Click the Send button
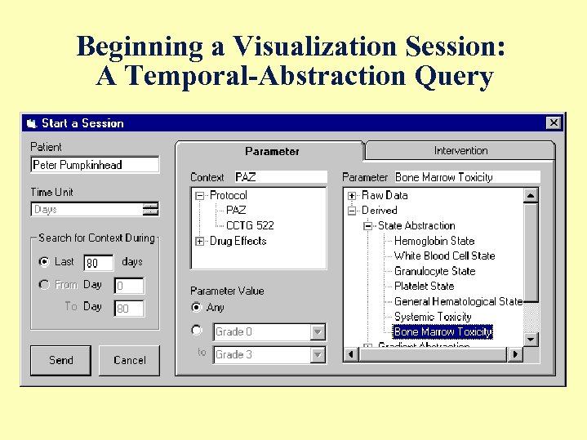click(x=60, y=360)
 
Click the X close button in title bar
click(x=554, y=122)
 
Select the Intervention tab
click(x=460, y=150)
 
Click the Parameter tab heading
click(x=272, y=151)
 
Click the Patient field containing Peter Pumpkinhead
click(x=95, y=165)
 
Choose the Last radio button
click(x=44, y=262)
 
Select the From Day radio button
click(x=44, y=285)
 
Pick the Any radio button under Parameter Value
click(x=196, y=308)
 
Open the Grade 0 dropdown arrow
click(x=318, y=332)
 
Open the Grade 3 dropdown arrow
click(x=318, y=355)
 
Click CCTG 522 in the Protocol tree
click(x=250, y=225)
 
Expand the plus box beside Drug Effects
click(x=200, y=241)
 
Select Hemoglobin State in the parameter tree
click(x=434, y=241)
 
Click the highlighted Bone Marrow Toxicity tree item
click(x=443, y=332)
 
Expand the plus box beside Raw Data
click(x=352, y=196)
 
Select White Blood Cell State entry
click(x=444, y=256)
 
